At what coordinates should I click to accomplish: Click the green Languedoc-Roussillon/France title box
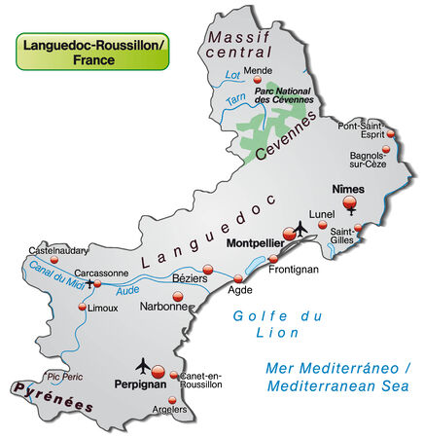click(92, 52)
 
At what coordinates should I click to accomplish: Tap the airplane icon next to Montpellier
click(300, 227)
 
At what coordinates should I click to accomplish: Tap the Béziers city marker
click(206, 269)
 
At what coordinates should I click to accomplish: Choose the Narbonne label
click(164, 306)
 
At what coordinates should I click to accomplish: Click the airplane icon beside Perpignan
click(145, 365)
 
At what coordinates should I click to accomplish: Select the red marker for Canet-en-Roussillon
click(174, 375)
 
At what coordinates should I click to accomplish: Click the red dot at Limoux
click(82, 308)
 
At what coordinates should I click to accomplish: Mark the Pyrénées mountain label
click(55, 397)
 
